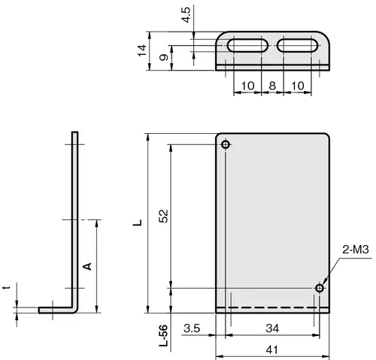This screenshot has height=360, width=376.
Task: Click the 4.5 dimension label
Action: [187, 15]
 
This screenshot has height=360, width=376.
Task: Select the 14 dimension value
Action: [142, 50]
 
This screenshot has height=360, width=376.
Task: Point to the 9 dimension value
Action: [164, 57]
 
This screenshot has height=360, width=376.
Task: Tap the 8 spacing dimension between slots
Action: [272, 86]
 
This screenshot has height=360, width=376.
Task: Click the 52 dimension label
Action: [163, 216]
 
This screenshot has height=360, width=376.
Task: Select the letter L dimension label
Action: [138, 222]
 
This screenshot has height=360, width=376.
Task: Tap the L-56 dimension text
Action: [163, 336]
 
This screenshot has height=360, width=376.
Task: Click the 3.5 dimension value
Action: [192, 328]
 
